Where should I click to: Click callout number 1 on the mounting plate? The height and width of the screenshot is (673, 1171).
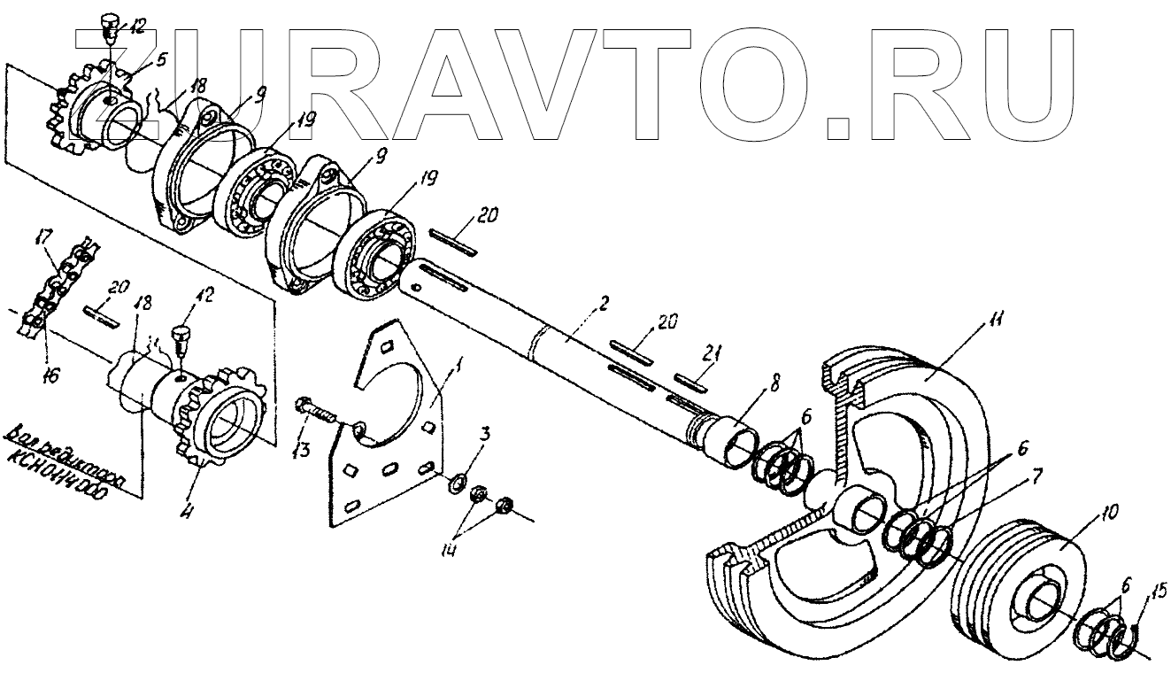[x=458, y=363]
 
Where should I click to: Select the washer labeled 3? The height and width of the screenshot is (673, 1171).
[x=458, y=483]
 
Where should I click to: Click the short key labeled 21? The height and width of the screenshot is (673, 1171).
[x=687, y=382]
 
